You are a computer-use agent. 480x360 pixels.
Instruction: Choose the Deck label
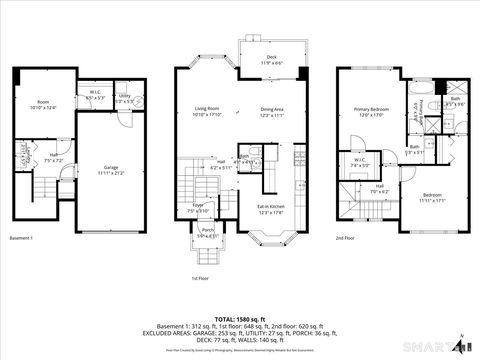click(271, 59)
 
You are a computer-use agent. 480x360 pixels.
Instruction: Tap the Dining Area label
click(273, 111)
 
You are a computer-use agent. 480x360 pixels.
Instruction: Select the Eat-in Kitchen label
click(272, 208)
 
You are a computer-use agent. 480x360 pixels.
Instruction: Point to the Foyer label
click(197, 209)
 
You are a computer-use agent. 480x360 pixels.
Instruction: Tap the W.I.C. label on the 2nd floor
click(360, 162)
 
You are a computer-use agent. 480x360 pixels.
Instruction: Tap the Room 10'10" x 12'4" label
click(43, 104)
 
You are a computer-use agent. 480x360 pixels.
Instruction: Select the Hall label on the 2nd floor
click(380, 187)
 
